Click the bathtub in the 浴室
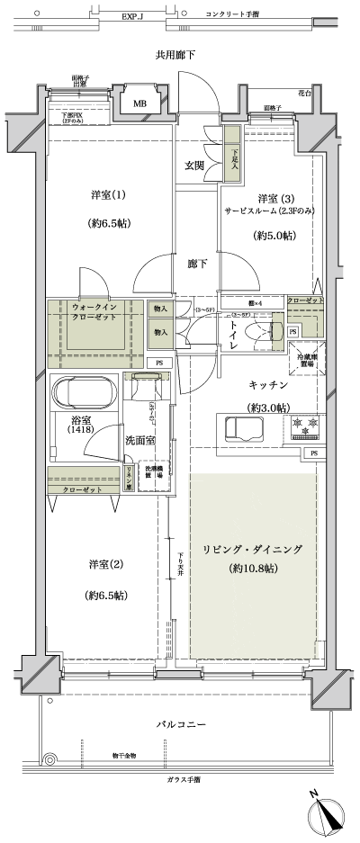tap(85, 394)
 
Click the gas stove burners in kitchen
tap(312, 424)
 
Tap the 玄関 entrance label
tap(195, 166)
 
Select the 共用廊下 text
tap(176, 57)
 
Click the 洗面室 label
tap(139, 441)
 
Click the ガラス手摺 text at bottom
tap(183, 779)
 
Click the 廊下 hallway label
tap(198, 265)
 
